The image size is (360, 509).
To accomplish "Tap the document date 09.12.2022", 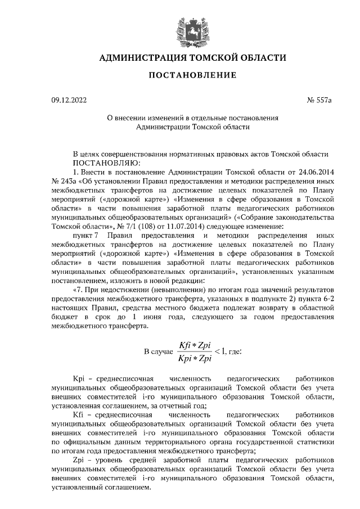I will [x=70, y=101].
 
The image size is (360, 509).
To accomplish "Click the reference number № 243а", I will [x=63, y=182].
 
